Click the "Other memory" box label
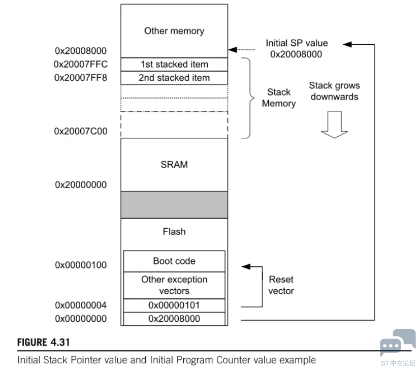pyautogui.click(x=174, y=31)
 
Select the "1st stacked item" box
pyautogui.click(x=174, y=65)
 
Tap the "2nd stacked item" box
pyautogui.click(x=174, y=78)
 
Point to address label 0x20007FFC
pyautogui.click(x=81, y=65)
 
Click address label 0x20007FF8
pyautogui.click(x=81, y=78)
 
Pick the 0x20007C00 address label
pyautogui.click(x=81, y=131)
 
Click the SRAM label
pyautogui.click(x=174, y=165)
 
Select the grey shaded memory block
pyautogui.click(x=174, y=205)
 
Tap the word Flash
pyautogui.click(x=174, y=232)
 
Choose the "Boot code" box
pyautogui.click(x=174, y=261)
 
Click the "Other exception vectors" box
pyautogui.click(x=174, y=285)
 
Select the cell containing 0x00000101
pyautogui.click(x=174, y=305)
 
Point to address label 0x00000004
pyautogui.click(x=81, y=305)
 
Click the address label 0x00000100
pyautogui.click(x=81, y=265)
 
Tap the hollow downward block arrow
pyautogui.click(x=334, y=125)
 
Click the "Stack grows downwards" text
pyautogui.click(x=334, y=91)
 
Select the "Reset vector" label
pyautogui.click(x=281, y=285)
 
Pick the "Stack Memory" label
pyautogui.click(x=279, y=98)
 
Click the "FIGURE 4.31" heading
pyautogui.click(x=43, y=343)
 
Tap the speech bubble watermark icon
pyautogui.click(x=398, y=343)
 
